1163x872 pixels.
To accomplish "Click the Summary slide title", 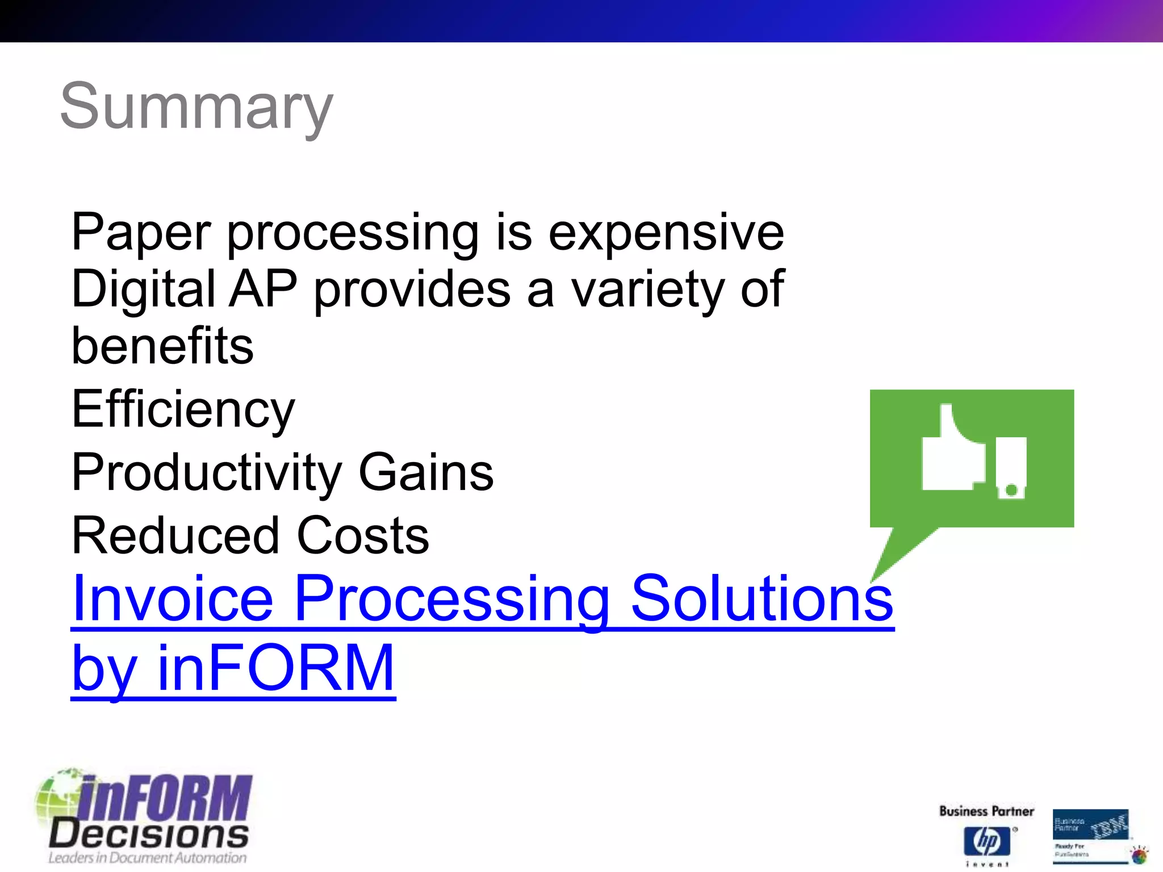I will (196, 106).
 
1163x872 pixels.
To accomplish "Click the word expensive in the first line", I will (666, 233).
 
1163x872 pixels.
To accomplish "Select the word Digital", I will (143, 290).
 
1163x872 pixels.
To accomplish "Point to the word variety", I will (647, 291).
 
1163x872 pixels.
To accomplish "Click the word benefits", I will (162, 346).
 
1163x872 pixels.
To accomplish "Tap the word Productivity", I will (207, 473).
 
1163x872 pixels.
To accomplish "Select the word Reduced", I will (175, 536).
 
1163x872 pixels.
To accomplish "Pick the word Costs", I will (363, 536).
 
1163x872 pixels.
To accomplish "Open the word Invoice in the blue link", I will (173, 598).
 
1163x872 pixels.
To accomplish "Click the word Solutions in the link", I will (762, 598).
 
